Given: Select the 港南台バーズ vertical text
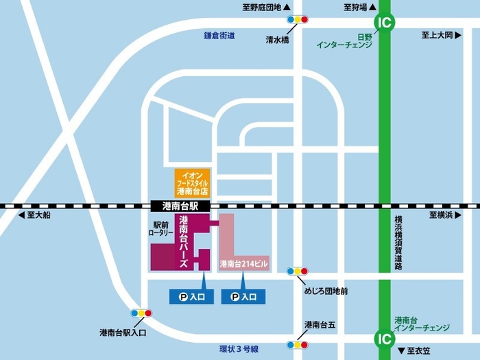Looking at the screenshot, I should coord(183,241).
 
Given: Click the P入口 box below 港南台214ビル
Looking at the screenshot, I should coord(243,296).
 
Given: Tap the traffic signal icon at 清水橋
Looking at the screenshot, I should coord(298,20).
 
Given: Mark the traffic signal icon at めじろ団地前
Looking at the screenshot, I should coord(298,271).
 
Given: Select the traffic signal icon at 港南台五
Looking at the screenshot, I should coord(298,345).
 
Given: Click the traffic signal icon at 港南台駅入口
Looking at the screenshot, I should coord(141,313).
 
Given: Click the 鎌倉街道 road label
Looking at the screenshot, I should coord(219,35).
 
